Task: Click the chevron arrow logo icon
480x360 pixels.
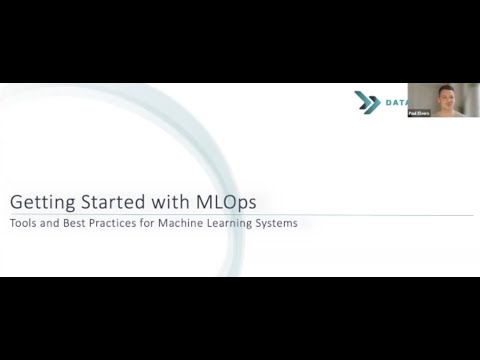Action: tap(363, 100)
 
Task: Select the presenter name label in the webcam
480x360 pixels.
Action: tap(420, 114)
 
